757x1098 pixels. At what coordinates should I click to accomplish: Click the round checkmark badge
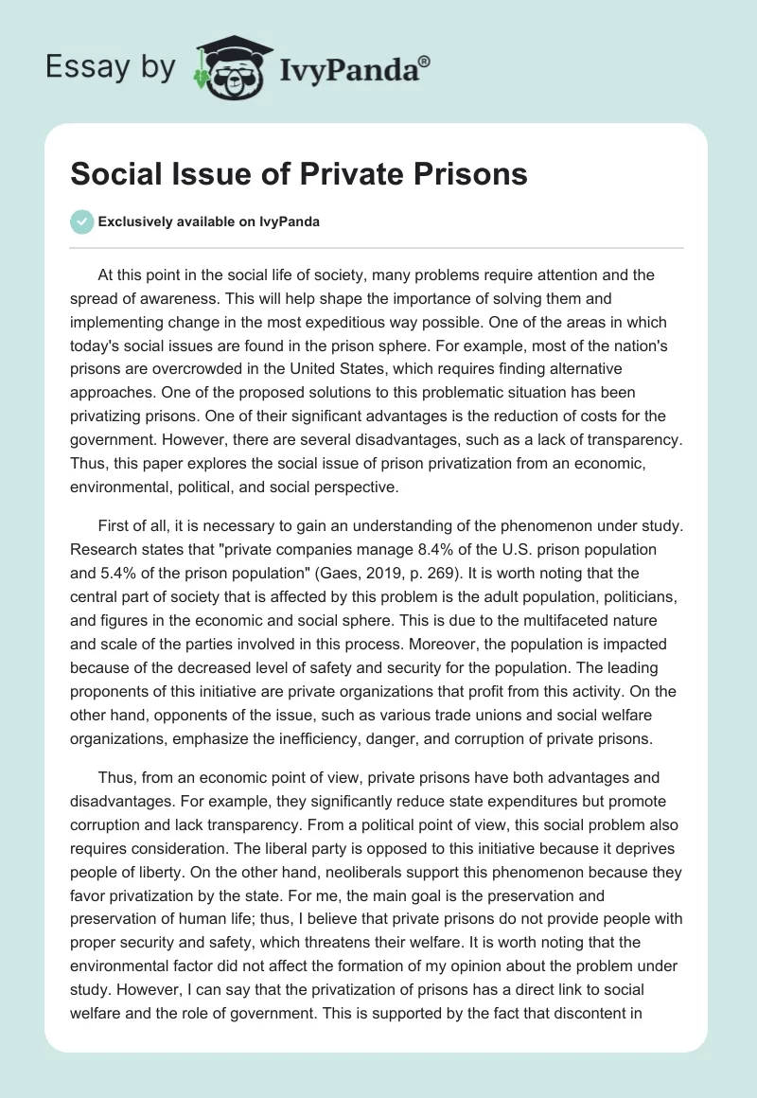click(81, 221)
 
